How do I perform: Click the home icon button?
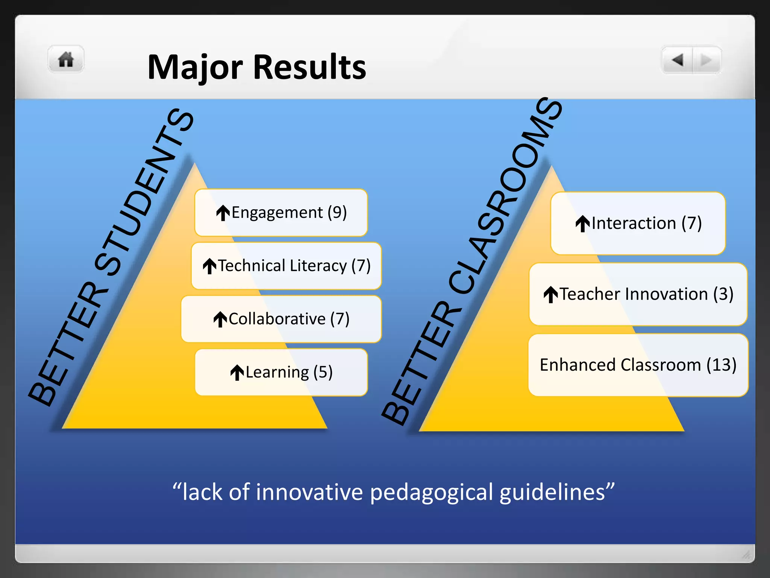point(66,59)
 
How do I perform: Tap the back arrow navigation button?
point(678,60)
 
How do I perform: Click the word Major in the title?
point(195,67)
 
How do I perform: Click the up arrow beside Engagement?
point(223,213)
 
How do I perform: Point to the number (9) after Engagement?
point(337,213)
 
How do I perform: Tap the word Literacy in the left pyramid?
point(320,266)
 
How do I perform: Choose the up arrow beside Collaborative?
point(220,319)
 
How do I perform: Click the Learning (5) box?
point(281,372)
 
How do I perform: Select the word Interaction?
point(634,223)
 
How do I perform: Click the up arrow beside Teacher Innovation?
point(551,294)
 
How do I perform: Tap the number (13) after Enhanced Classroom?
point(721,365)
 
